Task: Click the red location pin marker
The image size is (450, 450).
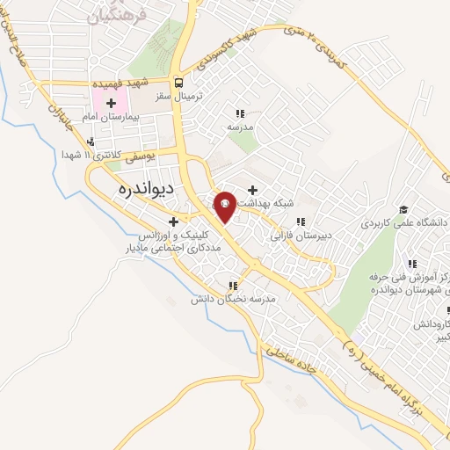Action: point(225,206)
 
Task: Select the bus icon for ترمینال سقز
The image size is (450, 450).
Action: point(178,83)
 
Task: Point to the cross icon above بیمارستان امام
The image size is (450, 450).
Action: point(111,104)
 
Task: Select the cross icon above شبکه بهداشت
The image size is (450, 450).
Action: point(252,190)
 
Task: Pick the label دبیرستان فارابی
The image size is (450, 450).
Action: point(301,235)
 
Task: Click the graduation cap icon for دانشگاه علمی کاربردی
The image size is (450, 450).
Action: point(403,210)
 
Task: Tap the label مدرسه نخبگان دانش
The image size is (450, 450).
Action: point(234,299)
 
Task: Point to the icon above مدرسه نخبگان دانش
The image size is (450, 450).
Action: point(233,286)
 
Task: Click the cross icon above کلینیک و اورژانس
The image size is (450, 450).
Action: point(174,221)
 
